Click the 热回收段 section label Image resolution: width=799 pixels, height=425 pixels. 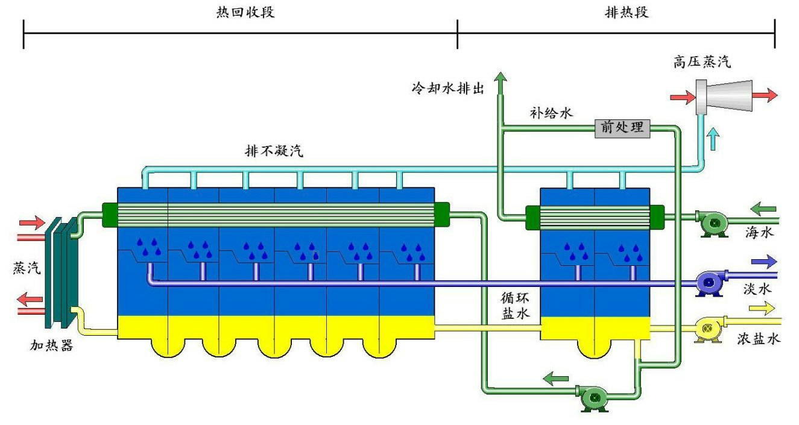pos(245,12)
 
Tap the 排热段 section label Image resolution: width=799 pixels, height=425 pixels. pos(627,12)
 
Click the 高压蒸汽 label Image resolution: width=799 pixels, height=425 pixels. pos(703,61)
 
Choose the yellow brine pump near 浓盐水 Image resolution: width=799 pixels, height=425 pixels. pos(708,329)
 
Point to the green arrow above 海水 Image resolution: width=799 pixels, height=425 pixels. pos(763,210)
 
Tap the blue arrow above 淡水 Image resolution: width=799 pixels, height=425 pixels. pos(763,262)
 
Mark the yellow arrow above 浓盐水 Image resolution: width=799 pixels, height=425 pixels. pos(762,309)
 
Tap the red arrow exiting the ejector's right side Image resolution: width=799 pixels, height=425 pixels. pos(765,95)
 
